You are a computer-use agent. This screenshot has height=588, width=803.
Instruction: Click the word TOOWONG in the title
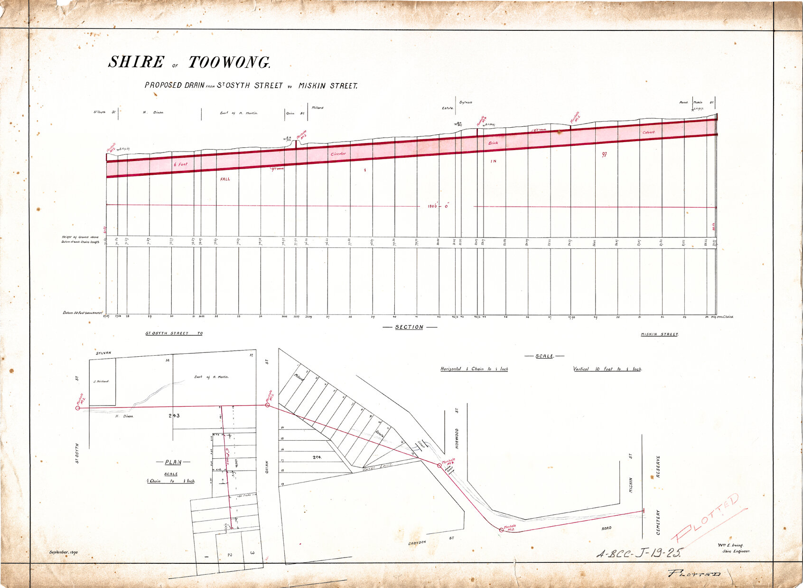point(230,63)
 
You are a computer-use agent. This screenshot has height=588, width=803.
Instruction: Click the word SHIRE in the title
point(136,62)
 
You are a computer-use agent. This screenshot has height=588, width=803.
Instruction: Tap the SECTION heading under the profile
point(409,327)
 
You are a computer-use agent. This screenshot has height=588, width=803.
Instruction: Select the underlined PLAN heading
point(173,462)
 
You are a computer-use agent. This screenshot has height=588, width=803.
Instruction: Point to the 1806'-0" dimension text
point(438,206)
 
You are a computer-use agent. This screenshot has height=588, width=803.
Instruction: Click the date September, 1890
point(64,552)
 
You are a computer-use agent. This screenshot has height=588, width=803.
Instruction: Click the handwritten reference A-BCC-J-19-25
point(639,553)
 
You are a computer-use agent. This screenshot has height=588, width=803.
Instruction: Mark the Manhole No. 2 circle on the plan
point(78,408)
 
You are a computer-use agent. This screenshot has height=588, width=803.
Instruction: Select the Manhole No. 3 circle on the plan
point(267,405)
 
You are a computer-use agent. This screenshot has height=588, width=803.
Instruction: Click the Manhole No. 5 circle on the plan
point(502,530)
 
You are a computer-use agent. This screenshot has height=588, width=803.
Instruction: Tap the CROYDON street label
point(417,542)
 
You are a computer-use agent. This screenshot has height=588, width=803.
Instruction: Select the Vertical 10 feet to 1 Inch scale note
point(607,369)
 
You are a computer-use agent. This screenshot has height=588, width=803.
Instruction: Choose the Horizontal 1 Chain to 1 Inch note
point(474,369)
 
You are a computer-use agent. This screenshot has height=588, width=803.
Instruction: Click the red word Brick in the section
point(493,143)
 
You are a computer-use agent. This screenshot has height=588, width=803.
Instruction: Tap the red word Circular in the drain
point(338,154)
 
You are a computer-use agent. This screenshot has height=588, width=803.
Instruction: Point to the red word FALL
point(225,179)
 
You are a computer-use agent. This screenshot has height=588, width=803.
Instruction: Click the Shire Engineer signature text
point(736,551)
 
